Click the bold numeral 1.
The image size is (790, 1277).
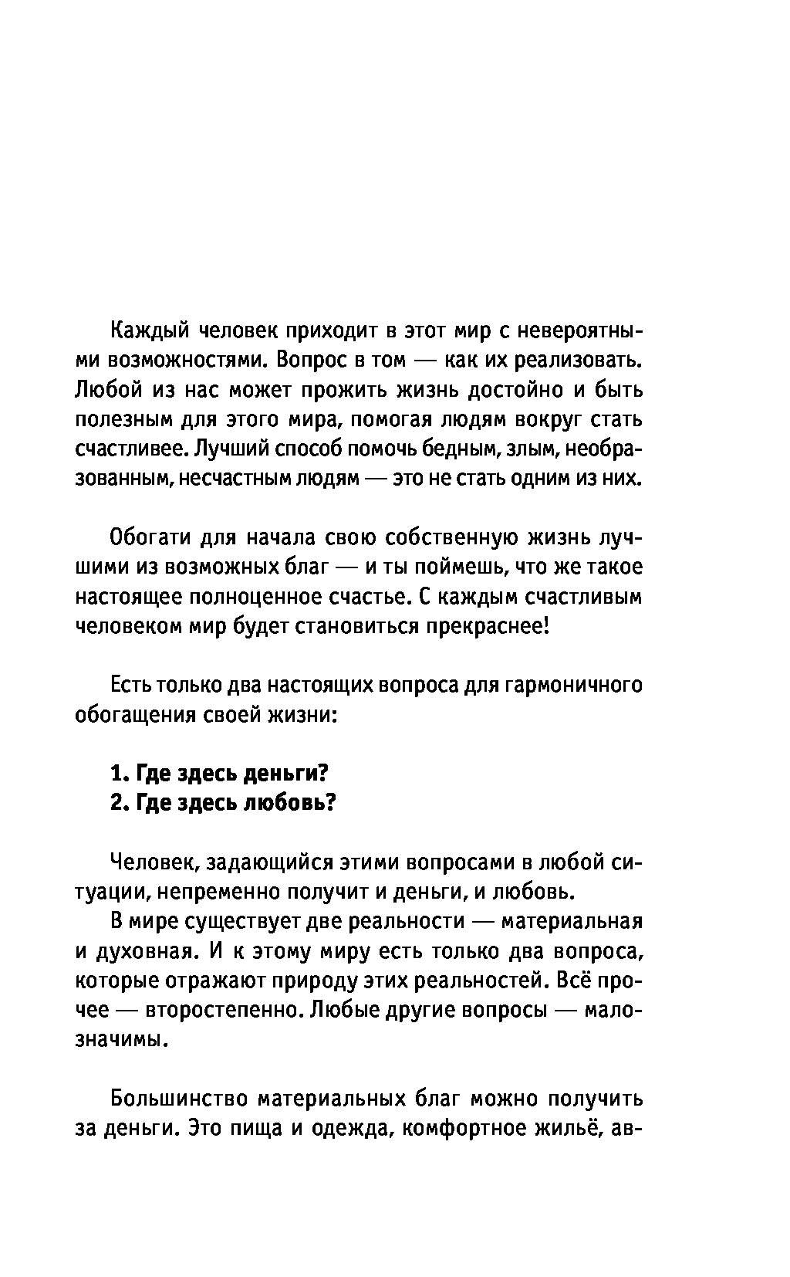117,773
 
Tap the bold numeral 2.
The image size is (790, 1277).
117,802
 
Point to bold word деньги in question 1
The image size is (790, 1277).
286,773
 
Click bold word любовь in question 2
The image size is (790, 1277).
290,802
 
